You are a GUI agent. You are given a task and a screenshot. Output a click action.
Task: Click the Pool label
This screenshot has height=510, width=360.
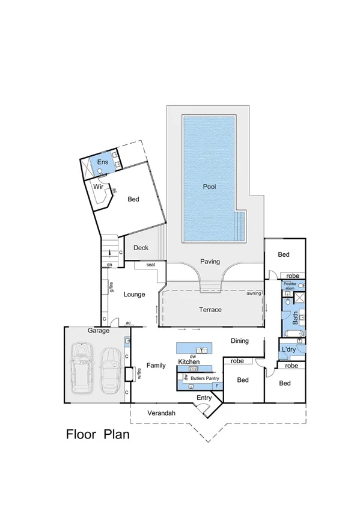pos(209,186)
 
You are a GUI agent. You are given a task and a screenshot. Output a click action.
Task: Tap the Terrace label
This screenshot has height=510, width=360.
pos(210,310)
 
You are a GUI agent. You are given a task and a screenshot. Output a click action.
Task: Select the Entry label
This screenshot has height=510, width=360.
pos(204,398)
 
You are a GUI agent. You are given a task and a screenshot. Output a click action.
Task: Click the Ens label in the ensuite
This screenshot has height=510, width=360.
pos(102,163)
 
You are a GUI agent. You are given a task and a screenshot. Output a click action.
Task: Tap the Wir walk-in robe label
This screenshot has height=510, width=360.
pos(98,186)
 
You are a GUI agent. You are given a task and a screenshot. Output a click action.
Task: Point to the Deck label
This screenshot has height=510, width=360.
pos(141,247)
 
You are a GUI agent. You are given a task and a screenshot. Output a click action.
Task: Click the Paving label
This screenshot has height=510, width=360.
pos(210,262)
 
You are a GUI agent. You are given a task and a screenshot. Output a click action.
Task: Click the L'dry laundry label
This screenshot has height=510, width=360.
pos(287,349)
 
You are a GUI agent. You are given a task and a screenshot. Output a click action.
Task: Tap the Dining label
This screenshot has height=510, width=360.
pos(240,341)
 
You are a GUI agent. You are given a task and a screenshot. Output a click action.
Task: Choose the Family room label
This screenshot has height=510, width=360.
pos(156,365)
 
